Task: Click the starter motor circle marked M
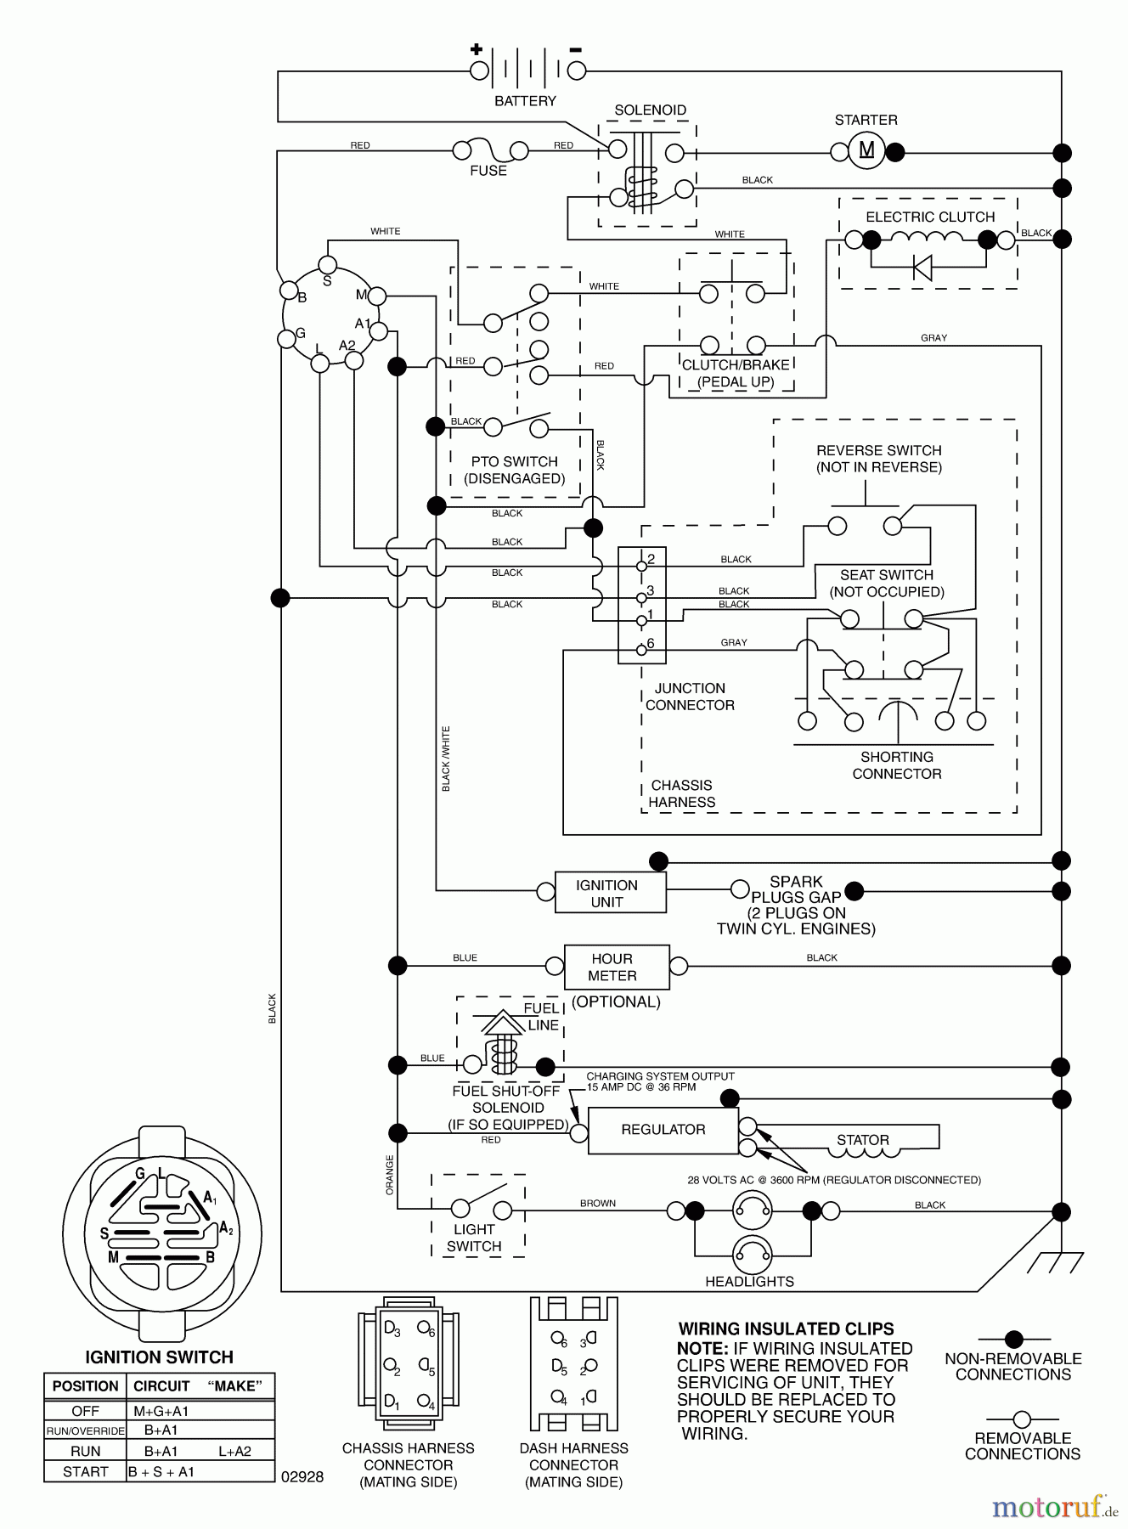(x=866, y=151)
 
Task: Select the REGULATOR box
(x=663, y=1130)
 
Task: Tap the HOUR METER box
(x=617, y=967)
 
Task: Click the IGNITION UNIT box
(x=610, y=893)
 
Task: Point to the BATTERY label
(x=525, y=101)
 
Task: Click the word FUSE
(x=488, y=171)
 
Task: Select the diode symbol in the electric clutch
(x=922, y=268)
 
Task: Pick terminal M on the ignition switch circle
(x=376, y=296)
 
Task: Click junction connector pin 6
(x=641, y=651)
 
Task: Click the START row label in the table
(x=85, y=1472)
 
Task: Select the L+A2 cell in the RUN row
(x=234, y=1452)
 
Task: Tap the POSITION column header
(x=85, y=1386)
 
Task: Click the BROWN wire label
(x=598, y=1204)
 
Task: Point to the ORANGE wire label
(x=390, y=1175)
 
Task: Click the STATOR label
(x=863, y=1140)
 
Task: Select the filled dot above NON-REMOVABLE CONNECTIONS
(x=1013, y=1340)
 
